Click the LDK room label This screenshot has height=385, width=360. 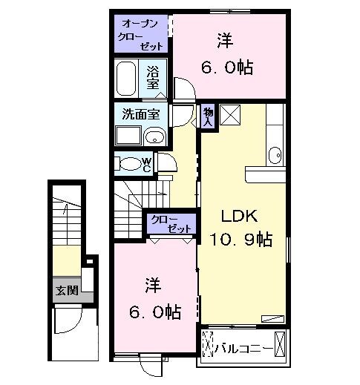tap(238, 217)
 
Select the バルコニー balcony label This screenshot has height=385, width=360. tap(242, 346)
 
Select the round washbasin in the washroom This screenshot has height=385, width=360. tap(154, 136)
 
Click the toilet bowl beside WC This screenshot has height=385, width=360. tap(128, 164)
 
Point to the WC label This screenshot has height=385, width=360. tap(147, 165)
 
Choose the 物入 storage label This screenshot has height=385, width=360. tap(208, 116)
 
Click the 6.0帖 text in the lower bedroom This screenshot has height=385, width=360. tap(155, 312)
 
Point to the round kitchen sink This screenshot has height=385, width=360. tap(274, 154)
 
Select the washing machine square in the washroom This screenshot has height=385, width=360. tap(128, 136)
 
